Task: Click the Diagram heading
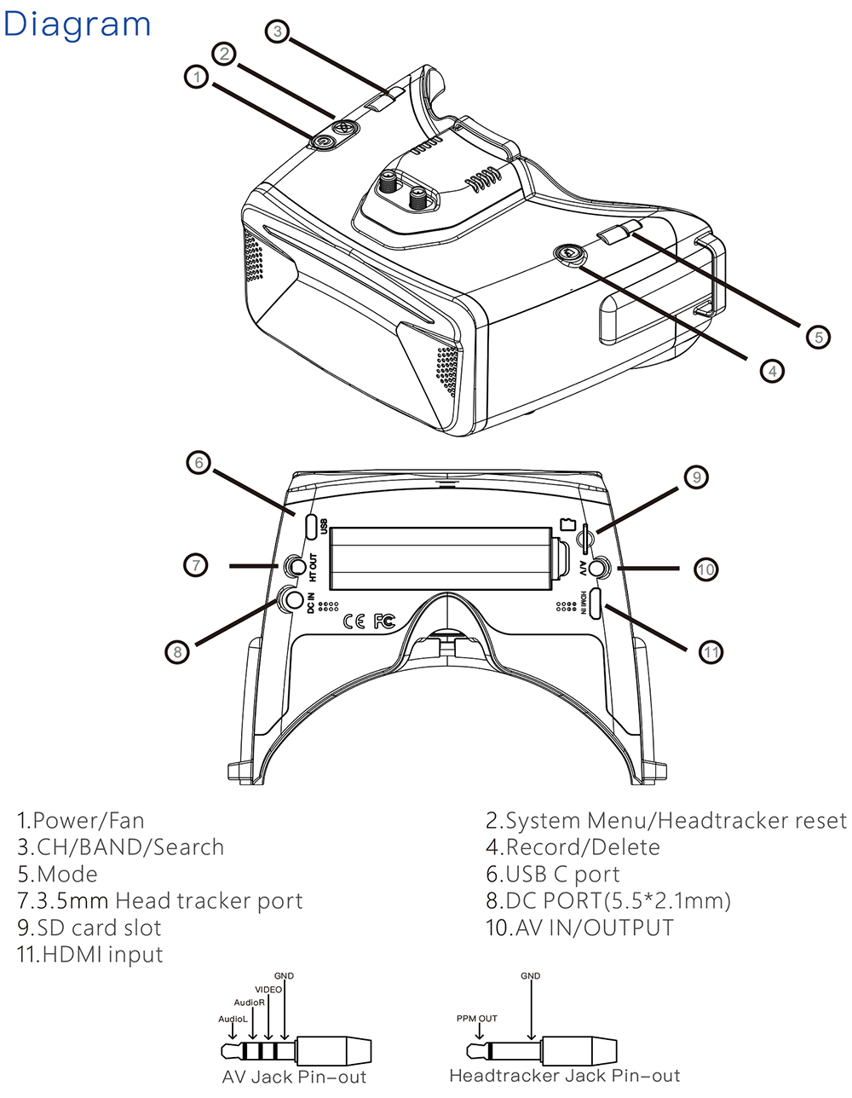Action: (77, 26)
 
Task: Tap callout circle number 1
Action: (197, 77)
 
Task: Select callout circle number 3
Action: (277, 32)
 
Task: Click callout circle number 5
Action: (818, 337)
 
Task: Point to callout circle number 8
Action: (176, 652)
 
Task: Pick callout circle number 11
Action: (711, 652)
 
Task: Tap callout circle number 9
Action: (696, 477)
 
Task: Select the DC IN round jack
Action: (295, 600)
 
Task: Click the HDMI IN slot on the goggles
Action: (596, 603)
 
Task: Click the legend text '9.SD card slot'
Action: (89, 928)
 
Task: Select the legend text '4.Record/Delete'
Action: (573, 847)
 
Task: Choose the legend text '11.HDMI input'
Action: (89, 954)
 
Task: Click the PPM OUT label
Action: (476, 1019)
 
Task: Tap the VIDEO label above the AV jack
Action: (268, 990)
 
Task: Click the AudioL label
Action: (233, 1019)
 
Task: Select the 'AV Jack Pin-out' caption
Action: (294, 1077)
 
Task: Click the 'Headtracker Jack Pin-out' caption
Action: (565, 1077)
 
